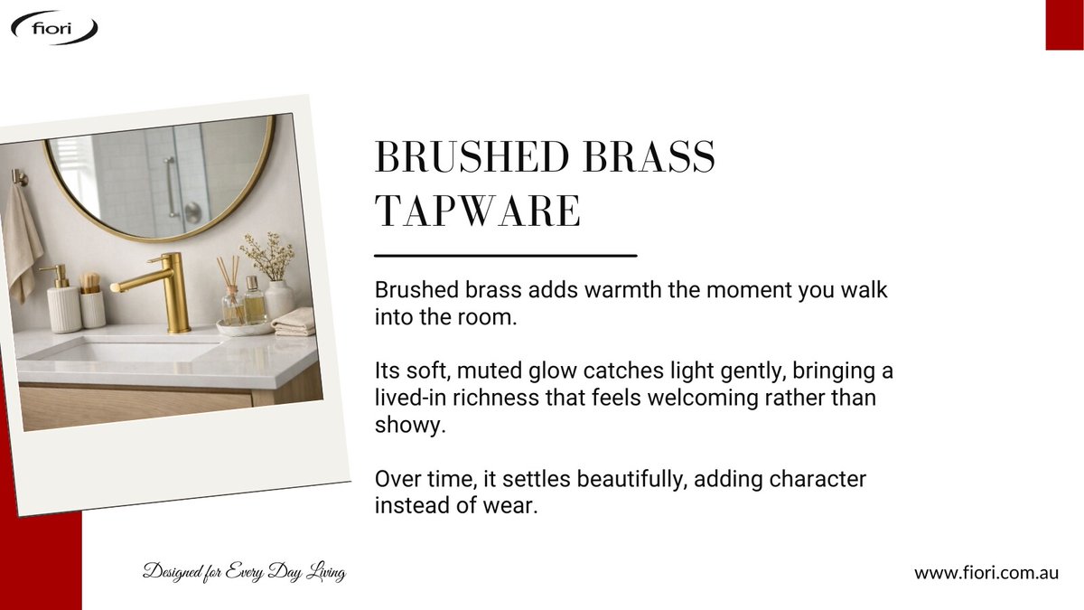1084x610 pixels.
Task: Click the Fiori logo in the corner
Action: tap(54, 27)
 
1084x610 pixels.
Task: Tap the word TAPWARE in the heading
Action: tap(477, 211)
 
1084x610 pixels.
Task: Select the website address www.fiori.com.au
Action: tap(986, 572)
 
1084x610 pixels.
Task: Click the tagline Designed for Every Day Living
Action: tap(244, 572)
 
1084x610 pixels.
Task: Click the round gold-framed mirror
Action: tap(158, 176)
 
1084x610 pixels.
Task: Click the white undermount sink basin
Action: tap(117, 350)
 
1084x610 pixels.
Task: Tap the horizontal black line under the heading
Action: tap(505, 256)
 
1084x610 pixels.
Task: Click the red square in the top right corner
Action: tap(1064, 24)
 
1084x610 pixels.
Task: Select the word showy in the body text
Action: tap(410, 425)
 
